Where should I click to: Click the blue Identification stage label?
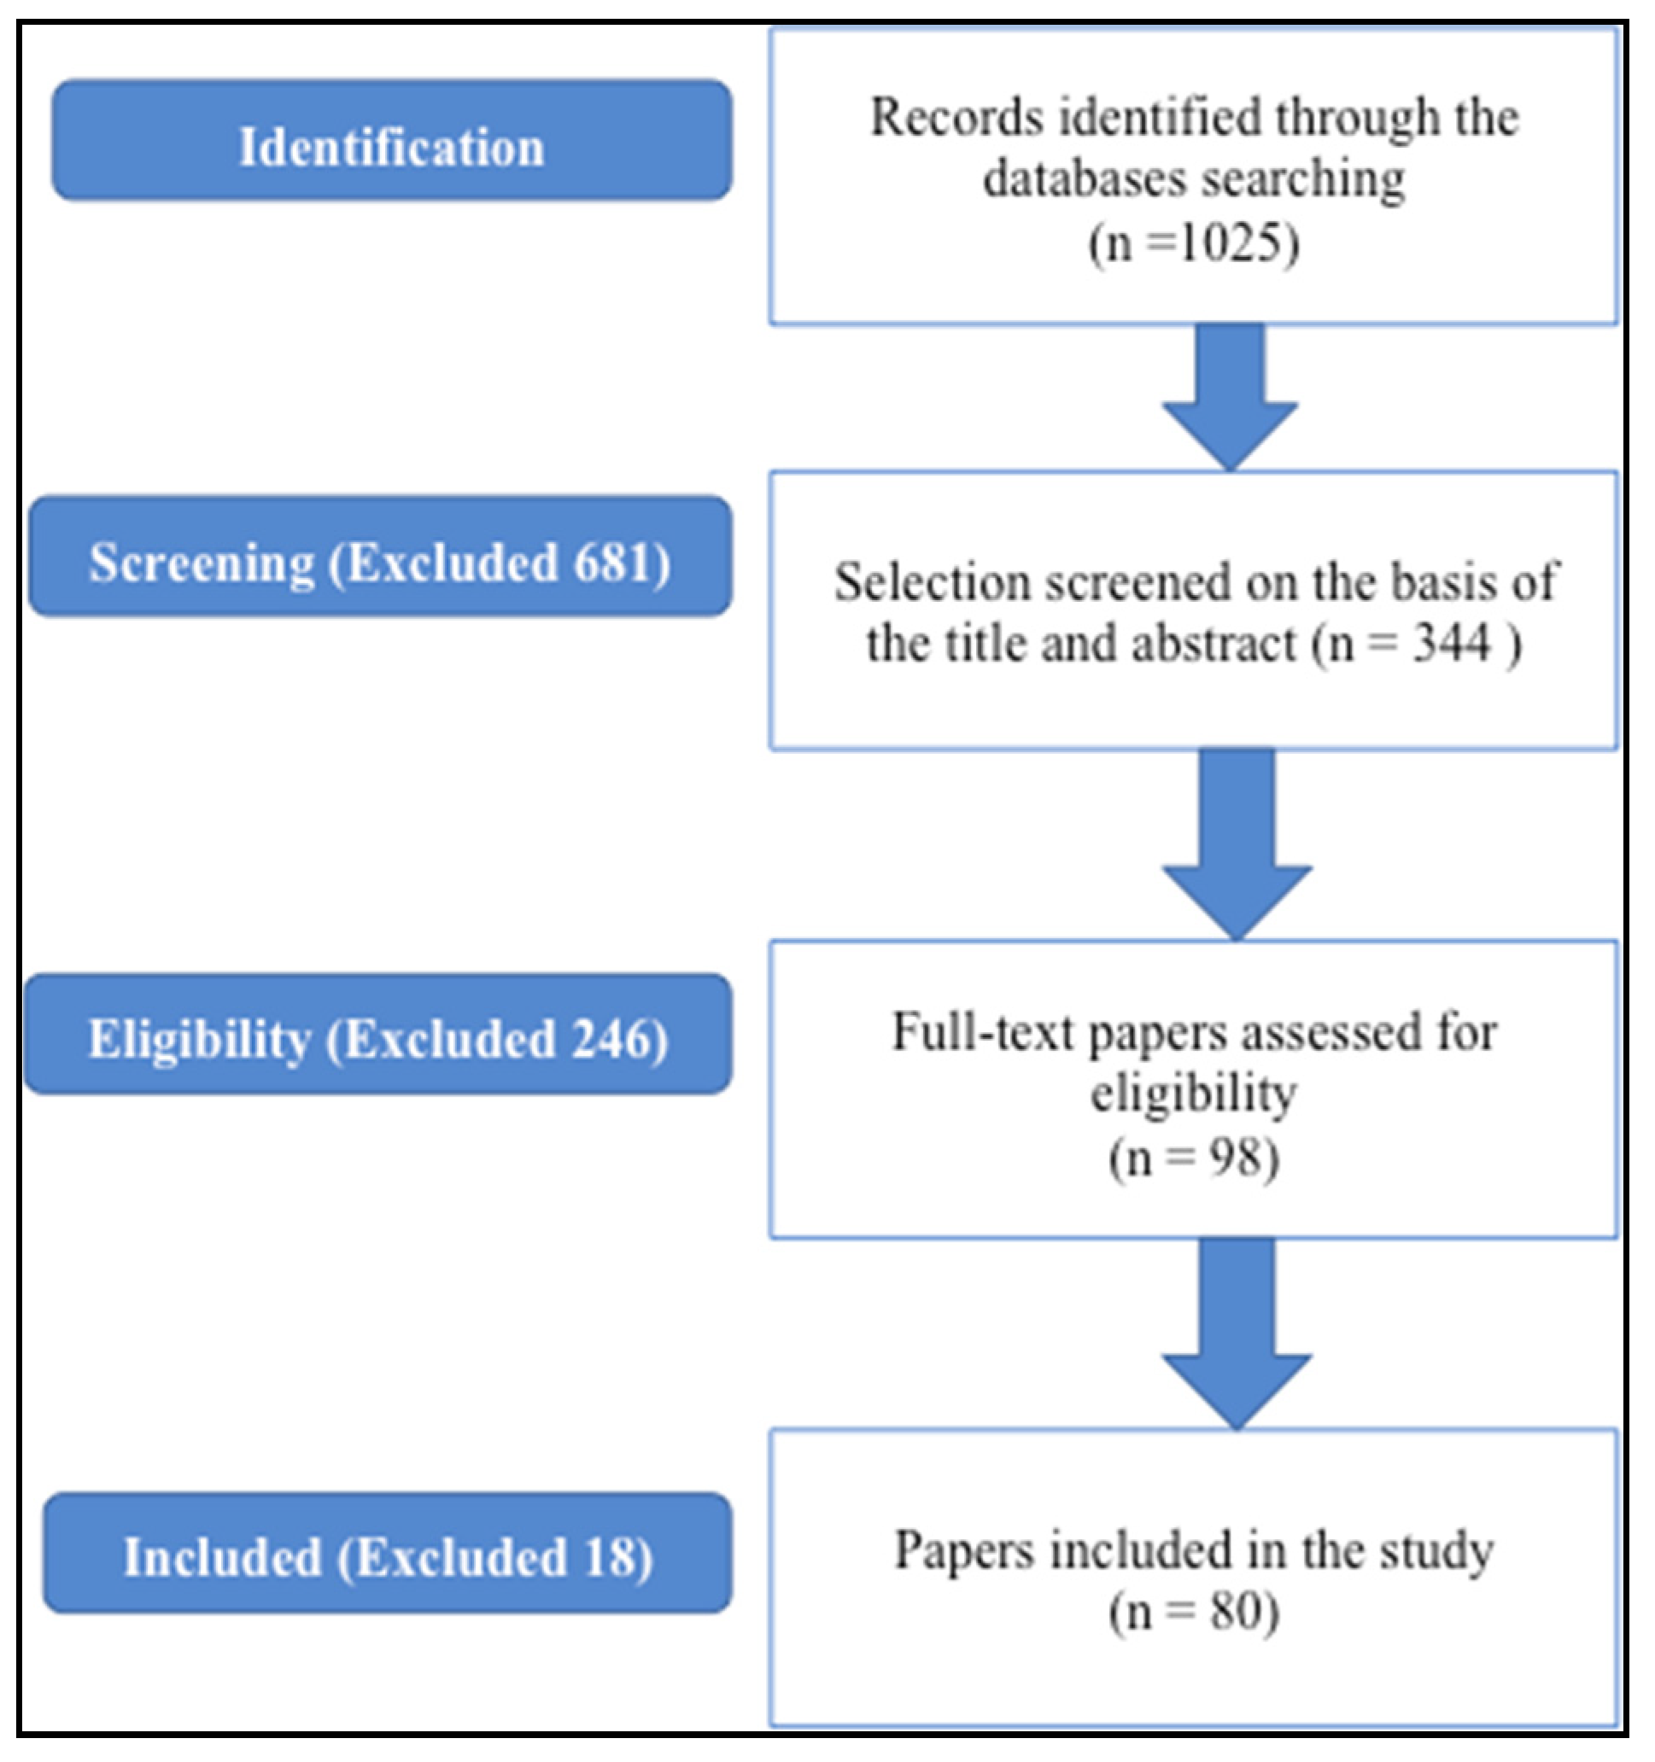(x=392, y=140)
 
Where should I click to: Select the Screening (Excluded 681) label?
(x=380, y=557)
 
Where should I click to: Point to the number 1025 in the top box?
(x=1232, y=242)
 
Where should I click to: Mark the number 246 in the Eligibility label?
(x=611, y=1038)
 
